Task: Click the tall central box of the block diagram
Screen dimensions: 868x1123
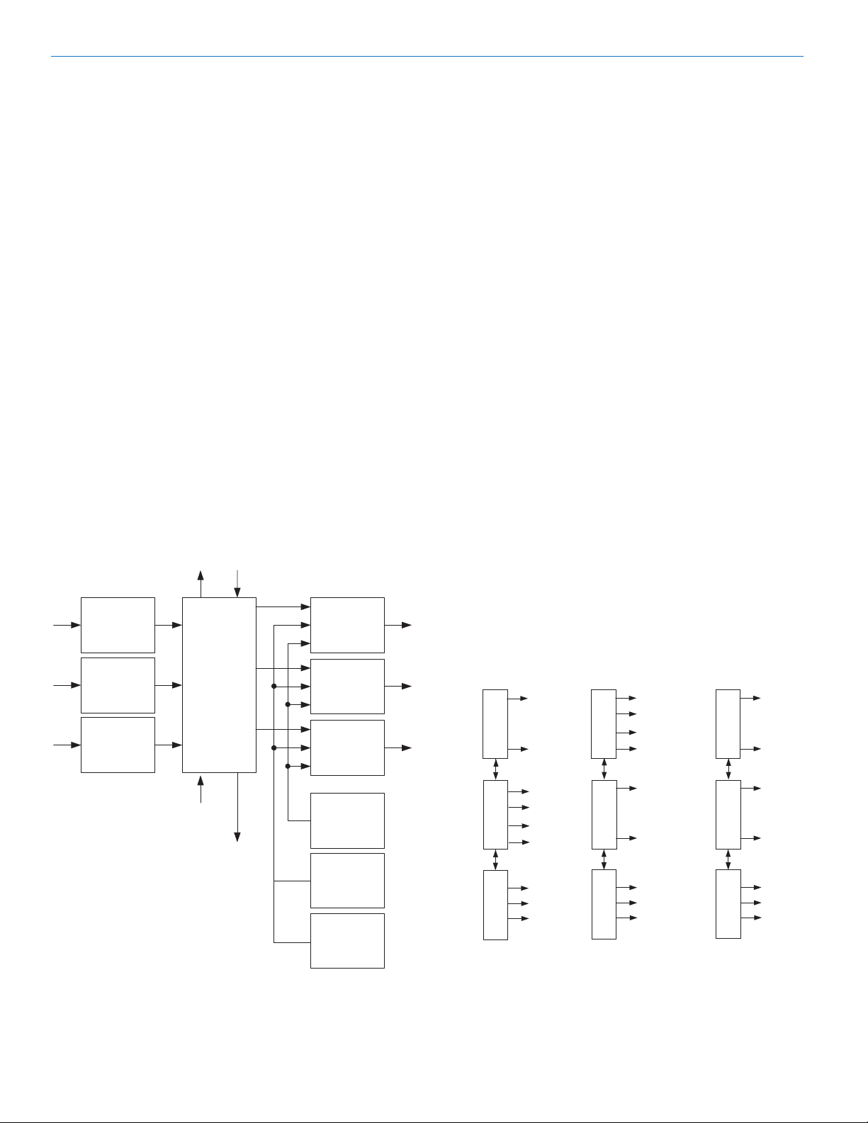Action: [219, 684]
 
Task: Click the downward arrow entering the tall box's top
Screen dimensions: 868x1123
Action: [237, 583]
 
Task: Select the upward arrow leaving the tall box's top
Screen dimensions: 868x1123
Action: [201, 583]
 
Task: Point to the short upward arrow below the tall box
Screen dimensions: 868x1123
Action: [201, 789]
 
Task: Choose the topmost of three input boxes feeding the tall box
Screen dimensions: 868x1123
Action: [118, 625]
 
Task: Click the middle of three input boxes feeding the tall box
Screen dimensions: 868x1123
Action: [118, 685]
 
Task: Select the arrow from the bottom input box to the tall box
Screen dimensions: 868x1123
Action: [169, 745]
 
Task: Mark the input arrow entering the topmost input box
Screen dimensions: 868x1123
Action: [68, 626]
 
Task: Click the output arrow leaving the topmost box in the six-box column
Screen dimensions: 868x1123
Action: [398, 626]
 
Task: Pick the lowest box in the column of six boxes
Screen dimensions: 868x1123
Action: [347, 940]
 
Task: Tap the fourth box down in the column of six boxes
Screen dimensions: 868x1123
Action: [347, 820]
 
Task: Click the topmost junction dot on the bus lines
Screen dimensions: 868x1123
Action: [274, 686]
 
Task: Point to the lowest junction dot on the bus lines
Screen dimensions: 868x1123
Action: [288, 766]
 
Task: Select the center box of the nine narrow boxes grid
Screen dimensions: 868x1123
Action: [604, 814]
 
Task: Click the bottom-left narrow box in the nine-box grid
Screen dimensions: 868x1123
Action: [495, 904]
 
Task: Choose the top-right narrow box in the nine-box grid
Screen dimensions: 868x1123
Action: [728, 723]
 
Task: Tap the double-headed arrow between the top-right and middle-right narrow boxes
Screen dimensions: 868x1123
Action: [728, 769]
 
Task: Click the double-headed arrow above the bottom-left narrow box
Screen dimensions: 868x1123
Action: [495, 859]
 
